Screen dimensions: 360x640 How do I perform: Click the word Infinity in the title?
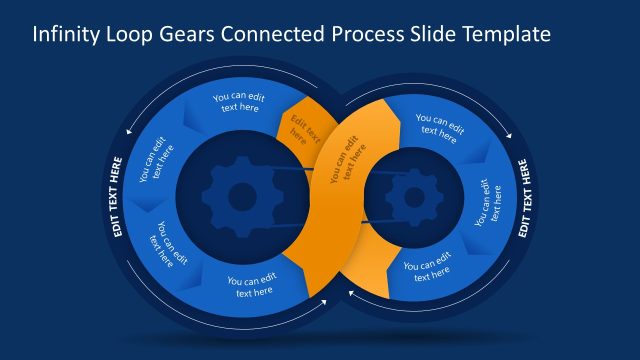click(x=65, y=34)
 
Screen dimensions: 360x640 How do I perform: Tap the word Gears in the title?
click(x=196, y=34)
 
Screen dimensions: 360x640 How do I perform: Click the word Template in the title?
click(x=506, y=34)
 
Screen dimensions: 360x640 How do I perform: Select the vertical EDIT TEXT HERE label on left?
click(x=117, y=196)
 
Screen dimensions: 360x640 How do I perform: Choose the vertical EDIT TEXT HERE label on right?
click(x=524, y=196)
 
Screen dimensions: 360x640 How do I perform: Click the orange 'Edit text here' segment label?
click(x=301, y=131)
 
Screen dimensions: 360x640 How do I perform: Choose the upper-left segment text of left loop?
click(x=156, y=159)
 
